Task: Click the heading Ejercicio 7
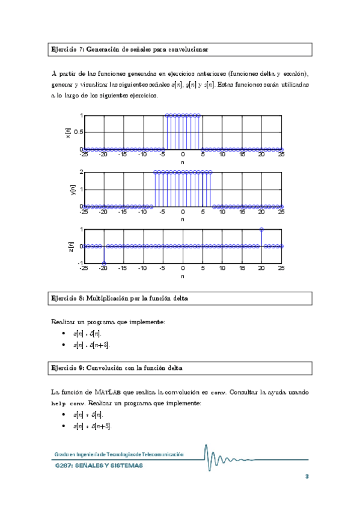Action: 129,48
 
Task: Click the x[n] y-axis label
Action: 69,132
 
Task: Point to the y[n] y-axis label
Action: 69,189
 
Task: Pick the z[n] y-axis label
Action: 71,246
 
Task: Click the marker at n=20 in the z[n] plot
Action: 261,229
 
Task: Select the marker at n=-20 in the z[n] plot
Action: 104,263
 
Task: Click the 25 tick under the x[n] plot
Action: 281,155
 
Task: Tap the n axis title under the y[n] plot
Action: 183,220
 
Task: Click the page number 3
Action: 307,477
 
